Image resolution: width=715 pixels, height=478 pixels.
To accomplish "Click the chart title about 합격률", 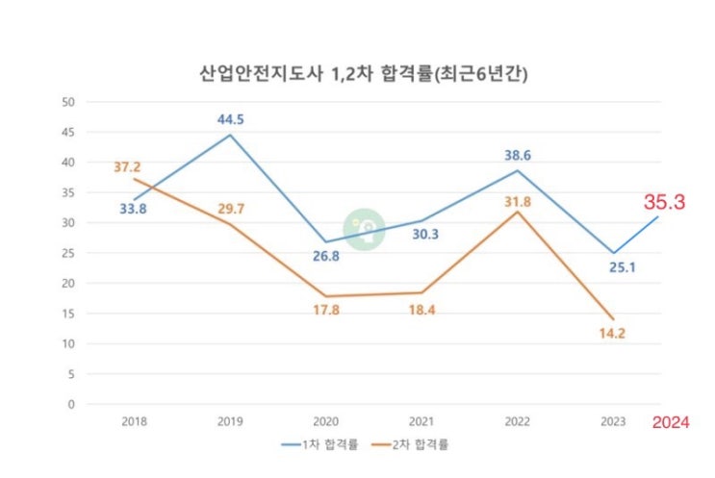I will pos(358,73).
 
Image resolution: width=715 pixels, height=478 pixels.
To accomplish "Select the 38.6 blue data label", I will pos(519,154).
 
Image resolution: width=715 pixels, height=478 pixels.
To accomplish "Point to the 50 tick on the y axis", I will pos(67,102).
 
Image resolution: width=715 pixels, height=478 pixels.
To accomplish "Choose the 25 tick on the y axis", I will pos(67,253).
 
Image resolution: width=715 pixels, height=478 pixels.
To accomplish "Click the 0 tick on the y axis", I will pos(70,404).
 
